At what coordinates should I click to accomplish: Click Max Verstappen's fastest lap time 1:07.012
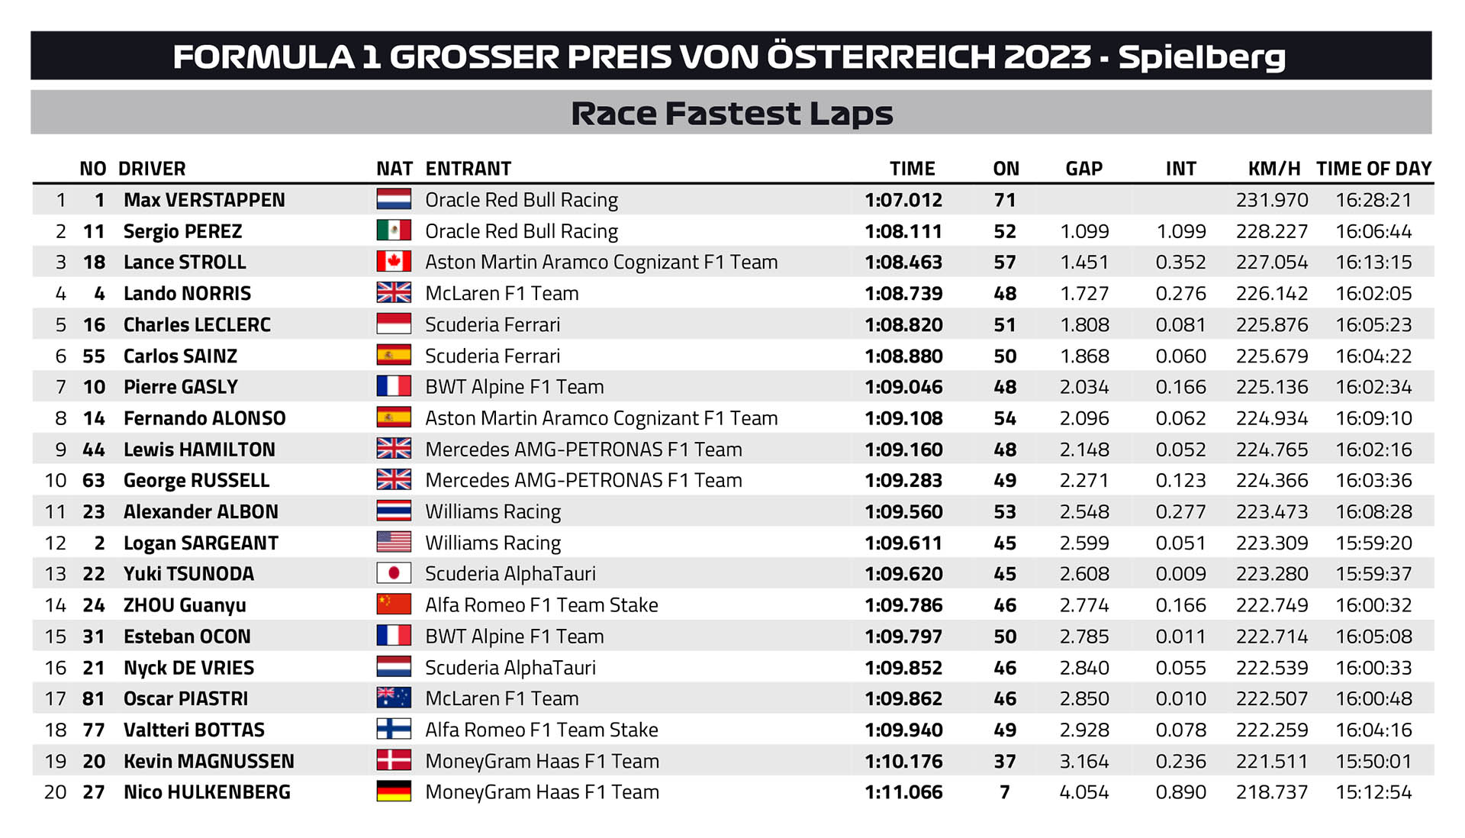tap(903, 200)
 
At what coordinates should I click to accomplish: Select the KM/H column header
tap(1273, 169)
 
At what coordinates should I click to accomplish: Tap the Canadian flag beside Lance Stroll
tap(394, 262)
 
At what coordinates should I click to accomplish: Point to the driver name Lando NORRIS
tap(187, 294)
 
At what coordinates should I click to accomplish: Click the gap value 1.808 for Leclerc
tap(1084, 325)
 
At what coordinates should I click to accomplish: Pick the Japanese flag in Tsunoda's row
tap(394, 573)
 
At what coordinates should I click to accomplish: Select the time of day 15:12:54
tap(1373, 792)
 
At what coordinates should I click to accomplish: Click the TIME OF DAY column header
tap(1373, 169)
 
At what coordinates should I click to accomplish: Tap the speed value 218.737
tap(1272, 792)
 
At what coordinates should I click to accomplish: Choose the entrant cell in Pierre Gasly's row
tap(514, 387)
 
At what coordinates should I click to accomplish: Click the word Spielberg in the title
tap(1202, 56)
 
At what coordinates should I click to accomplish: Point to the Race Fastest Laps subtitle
tap(732, 113)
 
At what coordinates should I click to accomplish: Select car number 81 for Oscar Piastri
tap(94, 699)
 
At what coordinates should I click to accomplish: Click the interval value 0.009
tap(1180, 574)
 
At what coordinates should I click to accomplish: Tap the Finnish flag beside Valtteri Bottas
tap(394, 730)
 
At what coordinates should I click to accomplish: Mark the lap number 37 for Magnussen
tap(1005, 762)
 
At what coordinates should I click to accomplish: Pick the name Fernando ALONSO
tap(204, 418)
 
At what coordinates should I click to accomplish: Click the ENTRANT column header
tap(468, 169)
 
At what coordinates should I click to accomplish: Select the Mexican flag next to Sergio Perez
tap(394, 230)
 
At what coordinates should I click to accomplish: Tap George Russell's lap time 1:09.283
tap(903, 481)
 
